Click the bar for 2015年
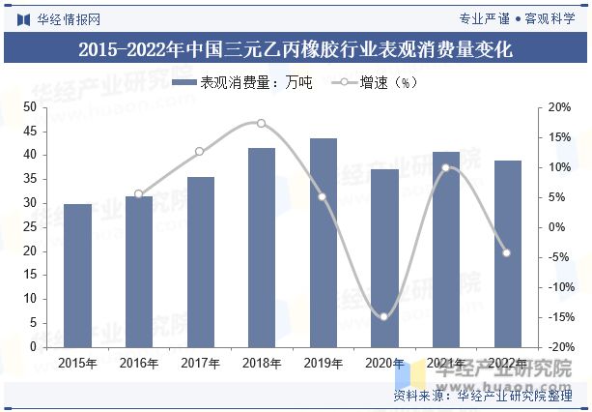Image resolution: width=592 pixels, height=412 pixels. point(77,276)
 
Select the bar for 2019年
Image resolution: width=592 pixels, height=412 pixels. point(324,243)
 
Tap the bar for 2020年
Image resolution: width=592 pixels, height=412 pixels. point(384,258)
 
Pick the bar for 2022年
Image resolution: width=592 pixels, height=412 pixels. point(507,253)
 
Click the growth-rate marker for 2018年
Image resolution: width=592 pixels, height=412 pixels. point(261,123)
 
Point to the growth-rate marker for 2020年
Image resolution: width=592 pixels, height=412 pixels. point(384,316)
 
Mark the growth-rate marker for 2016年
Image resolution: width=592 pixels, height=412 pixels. point(138,194)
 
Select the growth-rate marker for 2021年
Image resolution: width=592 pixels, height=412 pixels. point(445,167)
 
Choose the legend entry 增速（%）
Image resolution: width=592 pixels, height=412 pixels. point(377,83)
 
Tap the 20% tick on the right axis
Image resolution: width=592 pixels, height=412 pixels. point(559,107)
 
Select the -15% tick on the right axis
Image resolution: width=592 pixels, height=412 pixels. point(558,317)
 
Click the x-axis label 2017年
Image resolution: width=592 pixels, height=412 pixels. point(200,364)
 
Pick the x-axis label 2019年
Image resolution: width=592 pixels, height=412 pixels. point(324,364)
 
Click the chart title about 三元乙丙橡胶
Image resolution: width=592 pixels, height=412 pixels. point(296,48)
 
